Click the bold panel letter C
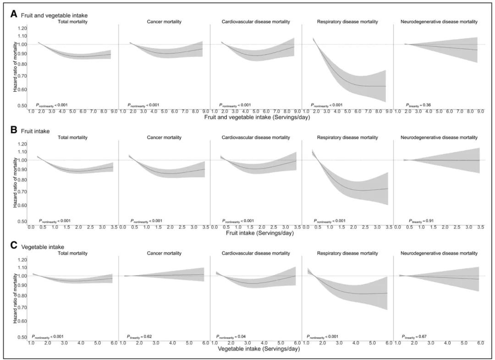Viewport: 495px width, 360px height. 14,245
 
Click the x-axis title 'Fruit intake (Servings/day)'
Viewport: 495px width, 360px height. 260,233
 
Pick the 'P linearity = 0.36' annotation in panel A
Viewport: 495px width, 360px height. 419,105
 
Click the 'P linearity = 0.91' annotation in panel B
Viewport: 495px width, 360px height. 422,221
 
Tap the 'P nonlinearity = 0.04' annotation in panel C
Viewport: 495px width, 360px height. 237,337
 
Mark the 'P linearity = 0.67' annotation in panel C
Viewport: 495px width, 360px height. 416,337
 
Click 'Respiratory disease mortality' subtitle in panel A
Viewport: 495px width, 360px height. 347,22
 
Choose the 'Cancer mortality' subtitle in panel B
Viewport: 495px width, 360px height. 164,137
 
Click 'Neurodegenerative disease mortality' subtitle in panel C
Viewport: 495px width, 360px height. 439,253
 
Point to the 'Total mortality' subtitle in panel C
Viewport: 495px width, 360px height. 72,253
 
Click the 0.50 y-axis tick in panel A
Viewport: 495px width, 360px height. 22,106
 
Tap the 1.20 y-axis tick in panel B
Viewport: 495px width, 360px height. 22,144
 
